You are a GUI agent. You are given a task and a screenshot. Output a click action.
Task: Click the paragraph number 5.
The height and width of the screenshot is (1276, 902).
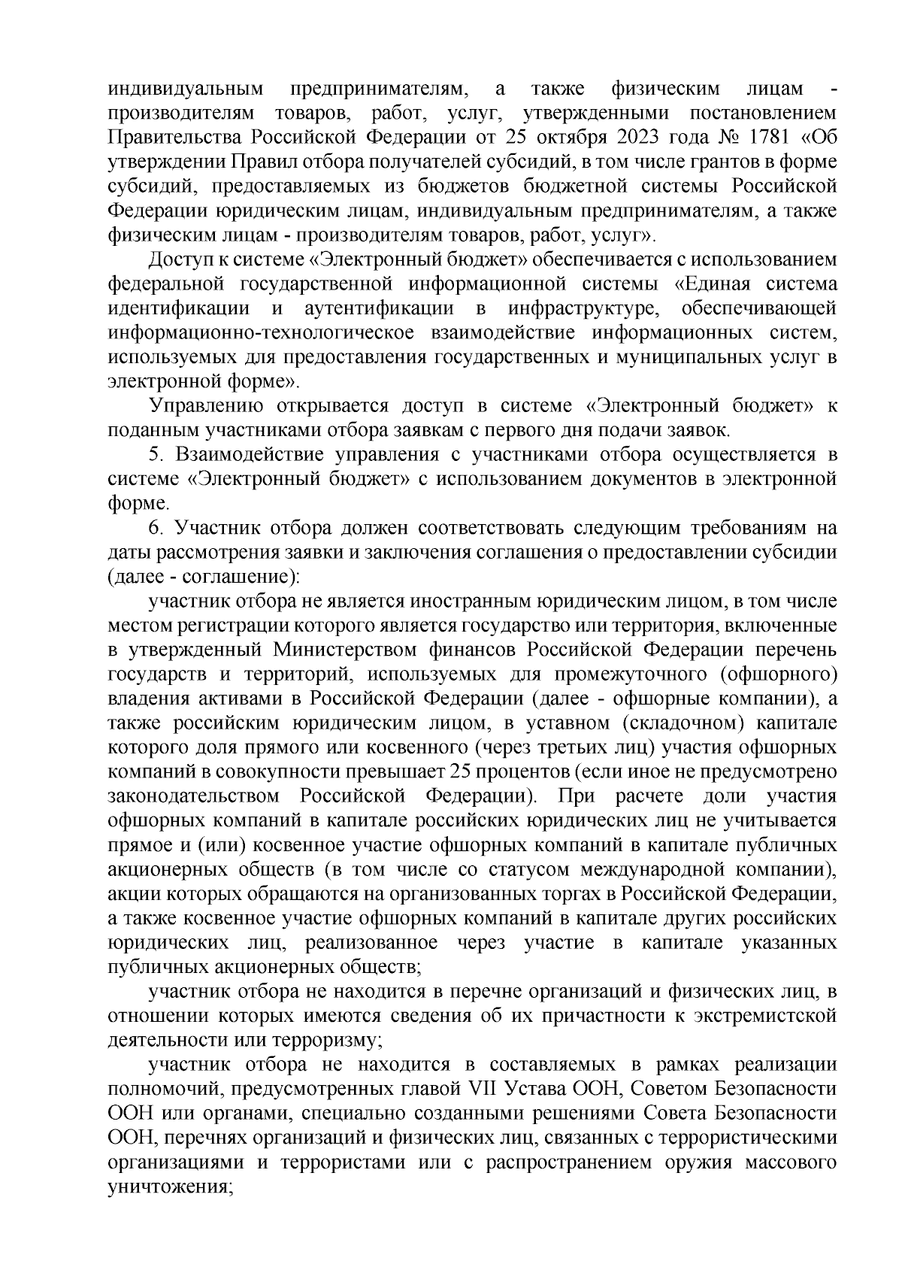[x=156, y=455]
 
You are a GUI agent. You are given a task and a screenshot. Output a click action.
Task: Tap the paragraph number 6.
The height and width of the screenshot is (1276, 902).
[x=156, y=528]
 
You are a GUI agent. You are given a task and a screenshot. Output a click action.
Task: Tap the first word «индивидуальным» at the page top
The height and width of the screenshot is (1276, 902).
[x=186, y=89]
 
